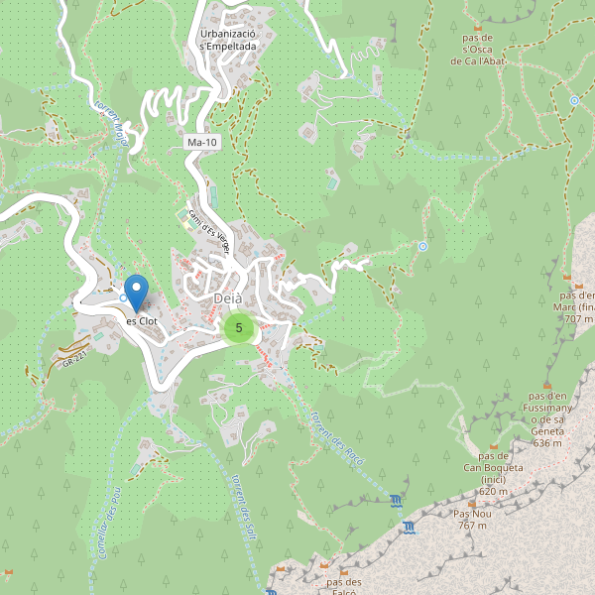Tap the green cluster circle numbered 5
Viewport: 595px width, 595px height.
pyautogui.click(x=239, y=328)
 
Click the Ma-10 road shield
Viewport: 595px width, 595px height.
pyautogui.click(x=201, y=143)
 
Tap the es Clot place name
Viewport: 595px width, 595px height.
pyautogui.click(x=141, y=321)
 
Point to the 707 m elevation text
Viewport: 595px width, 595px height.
pyautogui.click(x=577, y=319)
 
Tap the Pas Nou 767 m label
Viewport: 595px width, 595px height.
pyautogui.click(x=472, y=520)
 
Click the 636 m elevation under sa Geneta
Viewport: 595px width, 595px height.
pyautogui.click(x=546, y=442)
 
